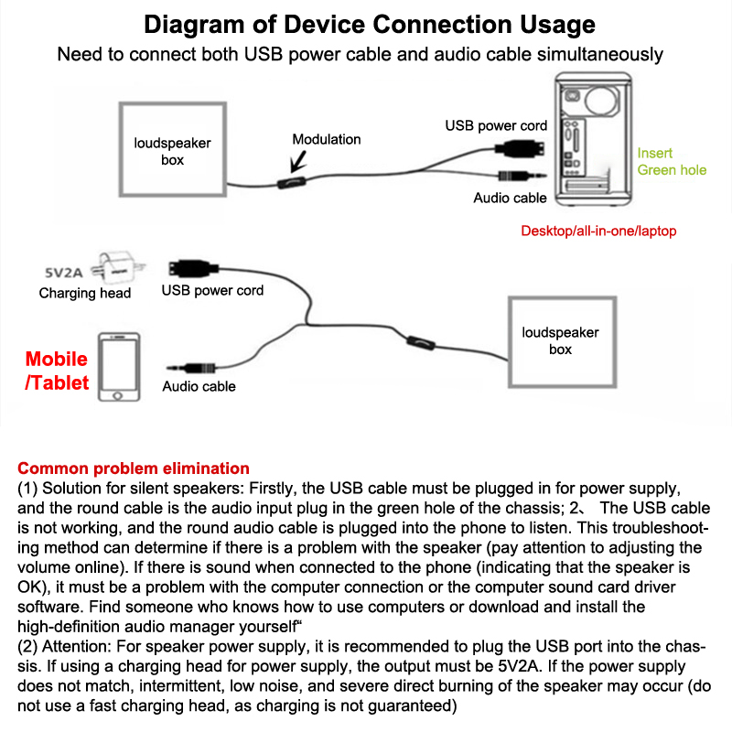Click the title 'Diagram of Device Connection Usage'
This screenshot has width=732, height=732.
coord(370,24)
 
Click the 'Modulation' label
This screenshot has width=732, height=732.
coord(327,139)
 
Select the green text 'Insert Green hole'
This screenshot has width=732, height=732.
coord(672,161)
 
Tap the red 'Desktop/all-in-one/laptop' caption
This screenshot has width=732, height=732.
coord(598,231)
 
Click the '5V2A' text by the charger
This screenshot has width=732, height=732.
coord(67,272)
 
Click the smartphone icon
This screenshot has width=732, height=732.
coord(119,367)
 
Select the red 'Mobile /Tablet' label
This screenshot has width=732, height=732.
coord(57,371)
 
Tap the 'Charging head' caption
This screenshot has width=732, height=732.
coord(85,294)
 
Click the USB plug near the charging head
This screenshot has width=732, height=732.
coord(188,270)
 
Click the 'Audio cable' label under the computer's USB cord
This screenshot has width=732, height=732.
coord(510,198)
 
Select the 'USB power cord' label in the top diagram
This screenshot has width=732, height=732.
coord(496,125)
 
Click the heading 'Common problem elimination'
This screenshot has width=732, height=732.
coord(134,468)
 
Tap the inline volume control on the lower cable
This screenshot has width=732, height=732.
coord(420,342)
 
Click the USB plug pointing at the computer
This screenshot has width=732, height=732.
coord(522,147)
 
